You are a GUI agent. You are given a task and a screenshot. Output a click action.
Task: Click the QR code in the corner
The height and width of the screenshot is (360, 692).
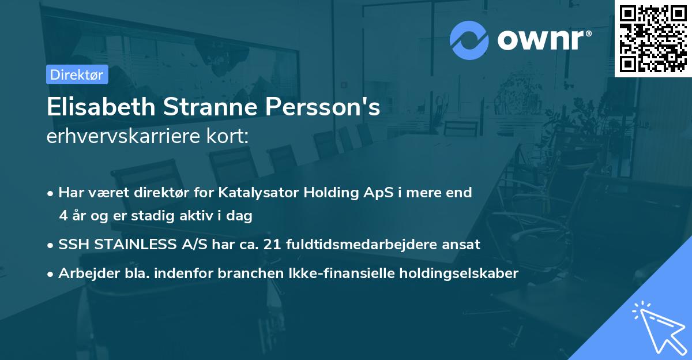653,38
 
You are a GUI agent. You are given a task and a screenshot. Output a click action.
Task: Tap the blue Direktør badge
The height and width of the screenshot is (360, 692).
77,74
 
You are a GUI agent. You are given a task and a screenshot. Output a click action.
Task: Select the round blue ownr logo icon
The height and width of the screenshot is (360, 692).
469,40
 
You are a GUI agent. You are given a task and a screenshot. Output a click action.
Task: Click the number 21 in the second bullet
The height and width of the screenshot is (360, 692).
271,245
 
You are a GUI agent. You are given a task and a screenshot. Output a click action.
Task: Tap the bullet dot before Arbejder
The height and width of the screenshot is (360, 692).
51,274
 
